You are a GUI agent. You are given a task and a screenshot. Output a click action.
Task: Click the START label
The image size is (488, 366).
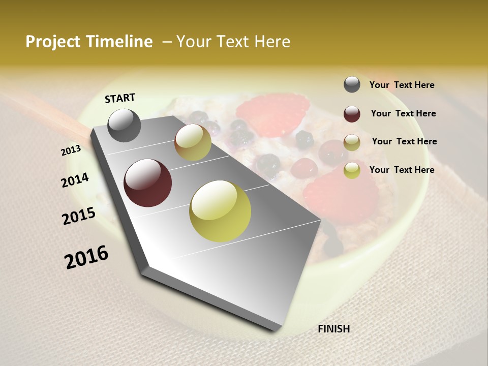pyautogui.click(x=120, y=98)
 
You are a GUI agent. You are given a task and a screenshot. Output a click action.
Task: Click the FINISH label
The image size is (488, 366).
pyautogui.click(x=333, y=329)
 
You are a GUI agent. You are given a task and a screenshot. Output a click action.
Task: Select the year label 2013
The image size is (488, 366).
pyautogui.click(x=71, y=150)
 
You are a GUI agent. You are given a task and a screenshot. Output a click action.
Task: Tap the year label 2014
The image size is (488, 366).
pyautogui.click(x=75, y=180)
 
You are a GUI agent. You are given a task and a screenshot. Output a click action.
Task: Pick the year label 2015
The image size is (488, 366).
pyautogui.click(x=79, y=216)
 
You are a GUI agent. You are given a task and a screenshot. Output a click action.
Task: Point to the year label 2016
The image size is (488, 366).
pyautogui.click(x=86, y=257)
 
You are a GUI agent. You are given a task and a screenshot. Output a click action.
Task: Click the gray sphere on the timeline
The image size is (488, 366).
pyautogui.click(x=125, y=125)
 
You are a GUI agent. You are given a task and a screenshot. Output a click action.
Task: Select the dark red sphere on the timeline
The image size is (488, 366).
pyautogui.click(x=147, y=183)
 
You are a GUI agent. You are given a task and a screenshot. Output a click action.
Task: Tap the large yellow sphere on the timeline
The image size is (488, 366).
pyautogui.click(x=220, y=211)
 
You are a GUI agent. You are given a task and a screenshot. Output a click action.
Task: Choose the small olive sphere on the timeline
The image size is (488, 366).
pyautogui.click(x=193, y=142)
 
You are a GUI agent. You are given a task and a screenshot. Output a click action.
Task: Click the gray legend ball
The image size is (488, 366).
pyautogui.click(x=352, y=84)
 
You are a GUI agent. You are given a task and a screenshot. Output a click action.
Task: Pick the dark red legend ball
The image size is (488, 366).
pyautogui.click(x=352, y=114)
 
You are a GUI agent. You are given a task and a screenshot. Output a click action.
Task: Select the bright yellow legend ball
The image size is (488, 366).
pyautogui.click(x=352, y=171)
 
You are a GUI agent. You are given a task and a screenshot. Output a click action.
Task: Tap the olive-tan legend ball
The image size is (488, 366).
pyautogui.click(x=352, y=142)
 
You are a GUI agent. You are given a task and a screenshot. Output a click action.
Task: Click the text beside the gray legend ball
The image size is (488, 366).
pyautogui.click(x=402, y=85)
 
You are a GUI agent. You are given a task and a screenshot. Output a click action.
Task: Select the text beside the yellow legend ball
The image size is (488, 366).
pyautogui.click(x=402, y=170)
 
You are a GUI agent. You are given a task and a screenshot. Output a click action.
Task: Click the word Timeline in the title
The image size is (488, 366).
pyautogui.click(x=119, y=42)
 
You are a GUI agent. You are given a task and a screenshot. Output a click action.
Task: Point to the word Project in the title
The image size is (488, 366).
pyautogui.click(x=53, y=42)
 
